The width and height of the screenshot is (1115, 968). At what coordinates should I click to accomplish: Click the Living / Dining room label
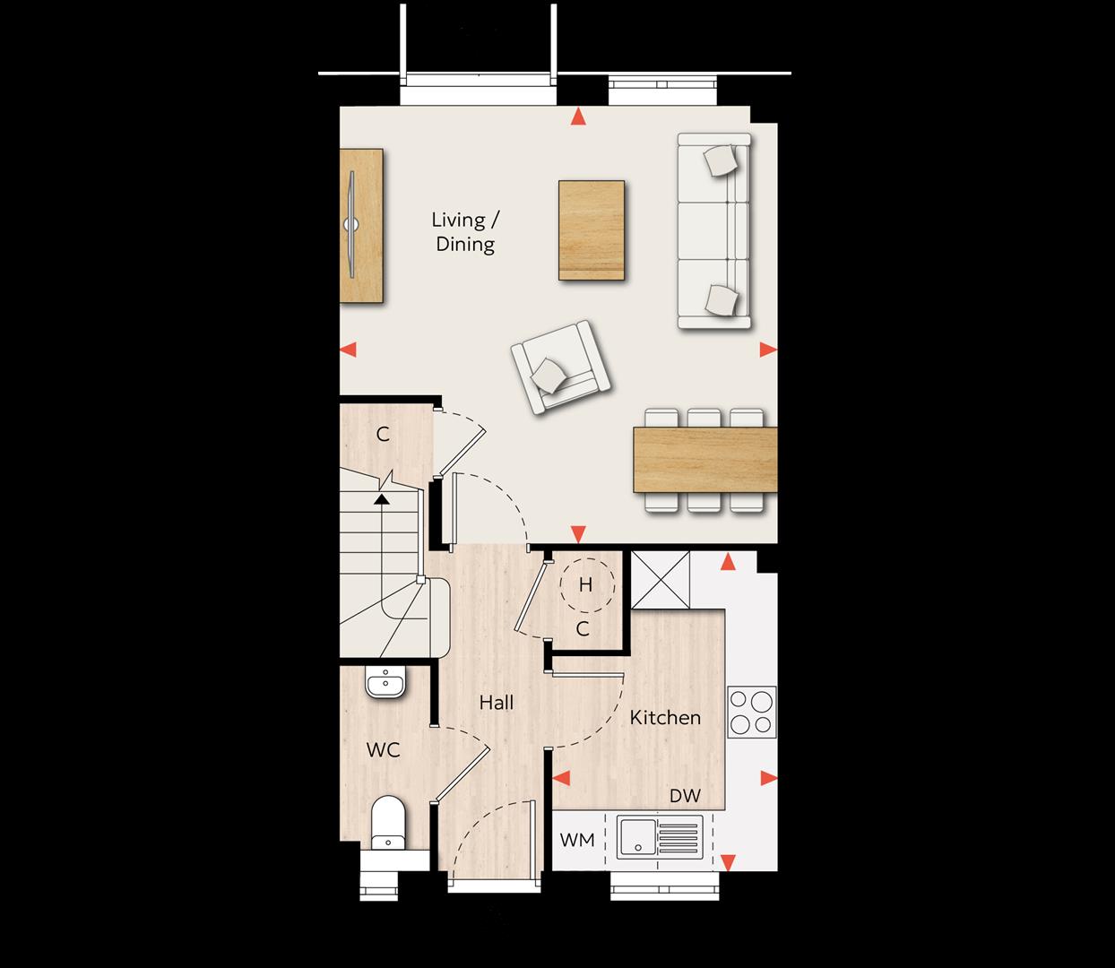[x=465, y=232]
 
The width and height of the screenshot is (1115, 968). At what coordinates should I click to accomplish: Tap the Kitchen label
[x=665, y=717]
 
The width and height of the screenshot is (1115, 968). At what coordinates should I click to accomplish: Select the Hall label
[x=496, y=703]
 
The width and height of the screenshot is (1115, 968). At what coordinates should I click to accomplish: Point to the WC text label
[x=383, y=750]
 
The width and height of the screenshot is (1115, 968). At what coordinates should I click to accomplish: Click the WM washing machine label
[x=577, y=840]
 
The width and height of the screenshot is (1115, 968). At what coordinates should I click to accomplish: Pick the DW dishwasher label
[x=685, y=796]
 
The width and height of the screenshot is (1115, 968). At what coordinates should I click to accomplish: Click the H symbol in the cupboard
[x=586, y=585]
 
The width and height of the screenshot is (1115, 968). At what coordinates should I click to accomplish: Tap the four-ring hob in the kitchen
[x=752, y=712]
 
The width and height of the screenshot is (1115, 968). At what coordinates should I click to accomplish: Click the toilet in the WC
[x=388, y=823]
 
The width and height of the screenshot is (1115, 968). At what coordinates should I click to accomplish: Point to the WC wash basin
[x=385, y=683]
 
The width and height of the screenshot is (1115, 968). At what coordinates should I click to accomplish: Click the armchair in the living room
[x=560, y=367]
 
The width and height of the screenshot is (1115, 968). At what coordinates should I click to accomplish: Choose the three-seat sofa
[x=714, y=231]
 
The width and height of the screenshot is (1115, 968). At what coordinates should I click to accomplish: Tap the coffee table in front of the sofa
[x=592, y=230]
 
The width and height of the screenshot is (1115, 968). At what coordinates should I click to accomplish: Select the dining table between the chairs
[x=705, y=460]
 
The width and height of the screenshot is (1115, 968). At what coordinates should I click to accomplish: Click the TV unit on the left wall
[x=361, y=226]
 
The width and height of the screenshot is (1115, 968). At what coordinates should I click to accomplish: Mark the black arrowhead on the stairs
[x=382, y=498]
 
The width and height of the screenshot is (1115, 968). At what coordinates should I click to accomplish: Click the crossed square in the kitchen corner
[x=660, y=580]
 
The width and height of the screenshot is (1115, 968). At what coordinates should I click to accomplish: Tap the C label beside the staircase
[x=383, y=434]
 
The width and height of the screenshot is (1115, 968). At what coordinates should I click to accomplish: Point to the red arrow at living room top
[x=578, y=117]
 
